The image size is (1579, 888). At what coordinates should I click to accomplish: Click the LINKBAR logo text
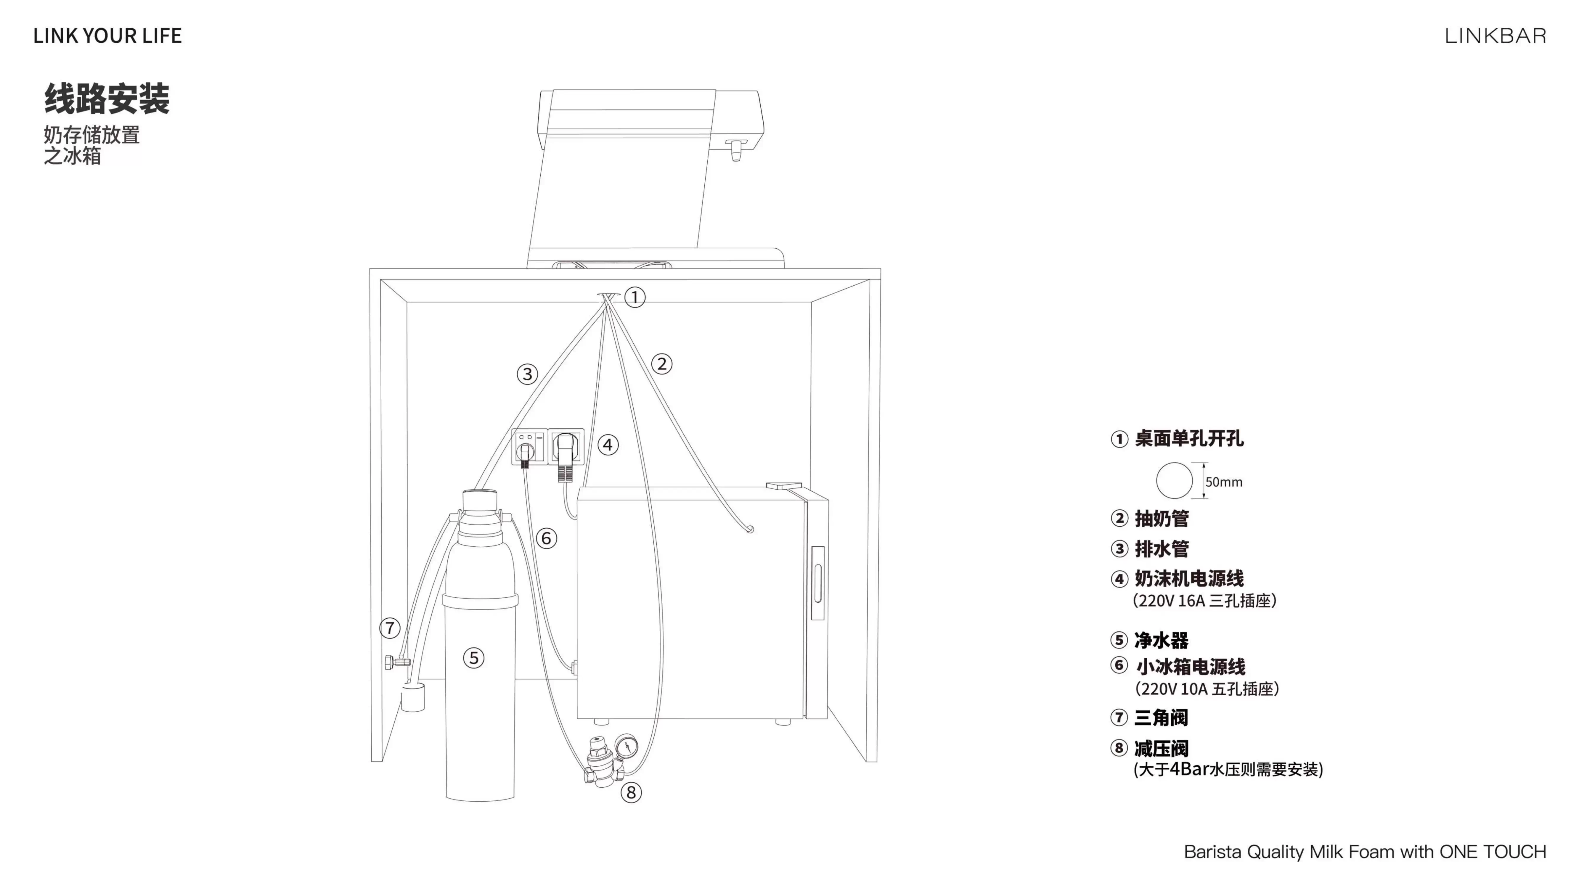(x=1495, y=36)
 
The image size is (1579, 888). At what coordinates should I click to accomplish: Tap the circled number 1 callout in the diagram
(x=635, y=297)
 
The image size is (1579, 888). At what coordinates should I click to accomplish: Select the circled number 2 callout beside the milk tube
(x=661, y=364)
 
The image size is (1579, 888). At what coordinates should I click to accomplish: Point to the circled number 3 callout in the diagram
(x=527, y=374)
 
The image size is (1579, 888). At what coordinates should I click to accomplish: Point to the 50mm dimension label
(x=1223, y=482)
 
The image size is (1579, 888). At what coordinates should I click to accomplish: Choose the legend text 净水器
(x=1162, y=641)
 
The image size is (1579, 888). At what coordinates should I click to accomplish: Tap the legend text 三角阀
(x=1162, y=718)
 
